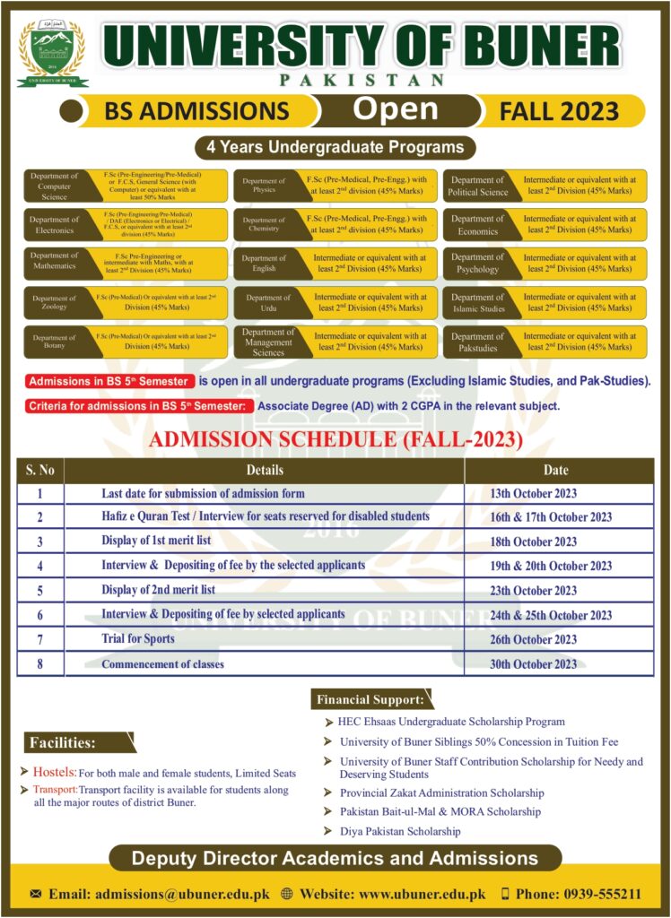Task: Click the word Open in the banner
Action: [x=396, y=109]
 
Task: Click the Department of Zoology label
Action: [x=55, y=303]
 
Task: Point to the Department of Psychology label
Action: [x=477, y=264]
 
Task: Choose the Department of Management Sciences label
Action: [x=268, y=342]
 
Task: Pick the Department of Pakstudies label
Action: [x=477, y=342]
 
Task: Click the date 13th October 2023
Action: [x=534, y=493]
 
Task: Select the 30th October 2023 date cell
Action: [x=534, y=664]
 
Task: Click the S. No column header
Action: [x=40, y=469]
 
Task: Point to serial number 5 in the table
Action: [x=40, y=591]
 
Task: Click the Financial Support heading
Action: [x=370, y=699]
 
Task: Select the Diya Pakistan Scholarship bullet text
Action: [x=400, y=831]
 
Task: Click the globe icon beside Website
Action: [x=287, y=894]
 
